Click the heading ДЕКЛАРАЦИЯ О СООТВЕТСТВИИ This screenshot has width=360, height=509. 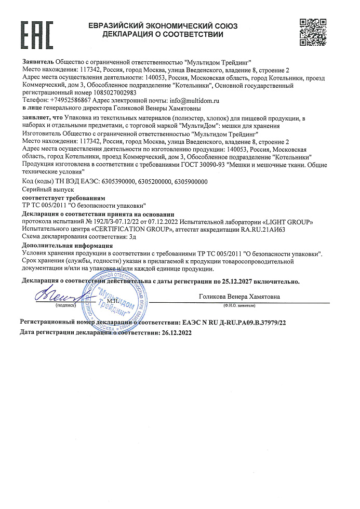[163, 35]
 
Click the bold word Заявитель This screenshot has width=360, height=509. [38, 61]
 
